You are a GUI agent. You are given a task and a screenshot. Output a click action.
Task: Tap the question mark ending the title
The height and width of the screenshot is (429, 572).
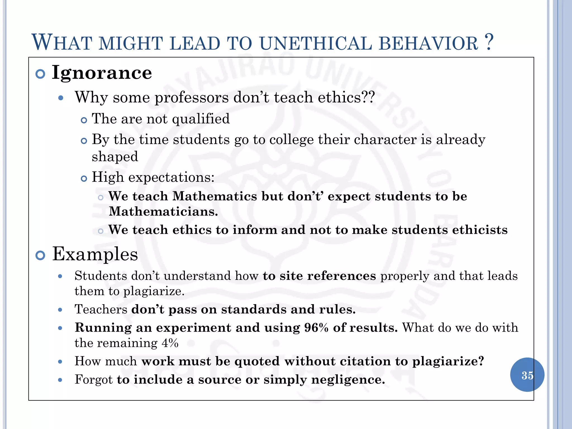pyautogui.click(x=489, y=42)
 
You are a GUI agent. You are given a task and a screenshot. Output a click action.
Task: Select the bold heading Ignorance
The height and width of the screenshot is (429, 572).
pyautogui.click(x=102, y=72)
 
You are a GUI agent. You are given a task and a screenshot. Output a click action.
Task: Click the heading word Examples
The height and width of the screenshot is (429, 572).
pyautogui.click(x=95, y=254)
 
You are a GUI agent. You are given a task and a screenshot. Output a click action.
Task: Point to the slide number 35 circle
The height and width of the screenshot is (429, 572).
pyautogui.click(x=527, y=375)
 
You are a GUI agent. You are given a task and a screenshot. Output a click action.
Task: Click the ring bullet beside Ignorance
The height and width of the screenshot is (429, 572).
pyautogui.click(x=40, y=74)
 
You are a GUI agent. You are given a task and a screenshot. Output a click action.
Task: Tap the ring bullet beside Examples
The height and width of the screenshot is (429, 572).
pyautogui.click(x=40, y=255)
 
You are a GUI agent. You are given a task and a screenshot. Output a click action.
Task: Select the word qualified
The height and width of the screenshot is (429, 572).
pyautogui.click(x=201, y=119)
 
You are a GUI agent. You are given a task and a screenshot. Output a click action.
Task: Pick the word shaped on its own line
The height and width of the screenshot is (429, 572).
pyautogui.click(x=115, y=157)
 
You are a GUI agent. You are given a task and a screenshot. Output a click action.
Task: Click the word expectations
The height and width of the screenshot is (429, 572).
pyautogui.click(x=171, y=177)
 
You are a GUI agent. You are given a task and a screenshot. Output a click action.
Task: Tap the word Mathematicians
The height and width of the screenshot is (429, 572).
pyautogui.click(x=163, y=211)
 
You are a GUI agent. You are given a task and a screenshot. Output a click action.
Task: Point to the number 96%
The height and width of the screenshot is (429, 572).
pyautogui.click(x=316, y=328)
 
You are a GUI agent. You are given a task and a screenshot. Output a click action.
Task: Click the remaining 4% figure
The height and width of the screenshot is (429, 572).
pyautogui.click(x=170, y=343)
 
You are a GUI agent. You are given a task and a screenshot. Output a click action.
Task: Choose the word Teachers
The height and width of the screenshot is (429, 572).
pyautogui.click(x=101, y=309)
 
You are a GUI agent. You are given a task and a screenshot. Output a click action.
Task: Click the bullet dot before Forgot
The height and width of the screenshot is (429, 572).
pyautogui.click(x=60, y=380)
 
